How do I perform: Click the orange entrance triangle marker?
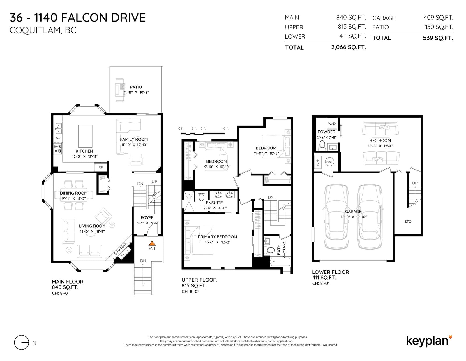coord(152,243)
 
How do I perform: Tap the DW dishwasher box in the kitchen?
coord(58,138)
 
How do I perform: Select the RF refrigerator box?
coord(100,167)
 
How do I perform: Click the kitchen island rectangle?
coord(85,136)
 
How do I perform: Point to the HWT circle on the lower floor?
coord(329,162)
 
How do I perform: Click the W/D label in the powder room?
coord(331,124)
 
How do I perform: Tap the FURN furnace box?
coord(317,162)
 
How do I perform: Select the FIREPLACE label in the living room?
coord(120,249)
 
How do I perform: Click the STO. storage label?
coord(408,222)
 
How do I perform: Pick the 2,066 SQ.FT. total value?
coord(349,47)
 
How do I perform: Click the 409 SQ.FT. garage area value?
coord(438,18)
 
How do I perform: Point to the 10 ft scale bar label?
coord(225,128)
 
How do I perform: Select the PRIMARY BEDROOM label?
coord(217,237)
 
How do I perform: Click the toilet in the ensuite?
coord(201,196)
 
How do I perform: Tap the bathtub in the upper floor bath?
coord(280,262)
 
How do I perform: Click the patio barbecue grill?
coord(120,90)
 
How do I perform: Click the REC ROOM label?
coord(380,141)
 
